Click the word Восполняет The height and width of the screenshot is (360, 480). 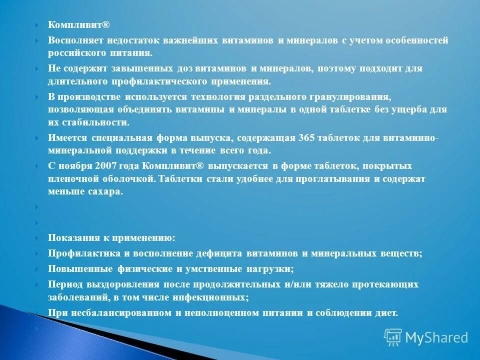tap(73, 40)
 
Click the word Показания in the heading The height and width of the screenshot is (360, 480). tap(72, 238)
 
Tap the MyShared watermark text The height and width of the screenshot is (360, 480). tap(436, 337)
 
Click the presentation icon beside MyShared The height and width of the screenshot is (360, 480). tap(393, 337)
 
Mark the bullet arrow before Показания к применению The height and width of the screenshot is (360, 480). tap(37, 238)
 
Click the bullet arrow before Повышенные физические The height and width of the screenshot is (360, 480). tap(37, 269)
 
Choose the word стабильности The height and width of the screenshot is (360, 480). tap(93, 122)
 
